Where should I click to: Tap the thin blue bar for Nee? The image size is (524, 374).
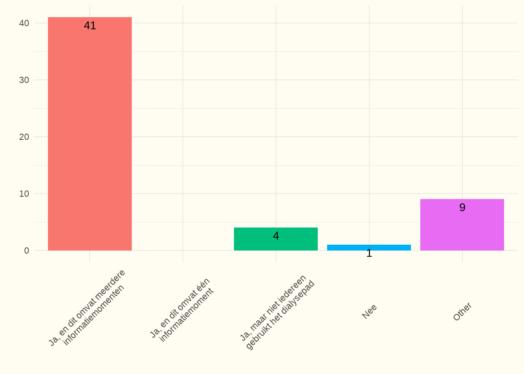point(369,247)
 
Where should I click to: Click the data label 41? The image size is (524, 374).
point(90,26)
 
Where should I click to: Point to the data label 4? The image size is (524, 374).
point(276,236)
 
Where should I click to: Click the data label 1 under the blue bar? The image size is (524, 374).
point(369,254)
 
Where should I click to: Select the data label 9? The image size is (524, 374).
point(462,207)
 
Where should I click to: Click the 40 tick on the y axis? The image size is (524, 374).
point(24,23)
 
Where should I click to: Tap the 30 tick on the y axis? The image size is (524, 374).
point(24,80)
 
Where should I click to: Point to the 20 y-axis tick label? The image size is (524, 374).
point(24,137)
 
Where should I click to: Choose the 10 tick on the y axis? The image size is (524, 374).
point(24,194)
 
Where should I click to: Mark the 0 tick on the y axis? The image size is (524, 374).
point(27,251)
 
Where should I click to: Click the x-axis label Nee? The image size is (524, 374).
point(369,312)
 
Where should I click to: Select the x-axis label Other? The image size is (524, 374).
point(462,312)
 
